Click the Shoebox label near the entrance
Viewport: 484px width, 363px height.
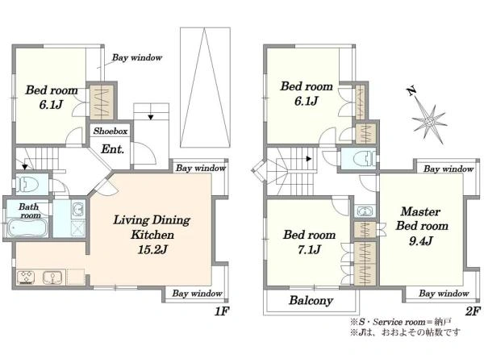pyautogui.click(x=111, y=131)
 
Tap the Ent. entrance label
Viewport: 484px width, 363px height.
pyautogui.click(x=112, y=149)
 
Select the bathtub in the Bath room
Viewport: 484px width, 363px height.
pyautogui.click(x=27, y=228)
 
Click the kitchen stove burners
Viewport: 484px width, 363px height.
pyautogui.click(x=26, y=277)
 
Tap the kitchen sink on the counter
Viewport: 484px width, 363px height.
pyautogui.click(x=53, y=277)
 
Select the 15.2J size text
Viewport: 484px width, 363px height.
pyautogui.click(x=152, y=249)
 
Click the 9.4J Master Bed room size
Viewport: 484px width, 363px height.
pyautogui.click(x=421, y=240)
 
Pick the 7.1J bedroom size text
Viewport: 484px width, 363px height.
pyautogui.click(x=309, y=249)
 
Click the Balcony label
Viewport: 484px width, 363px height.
pyautogui.click(x=311, y=300)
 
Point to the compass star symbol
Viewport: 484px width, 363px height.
pyautogui.click(x=430, y=122)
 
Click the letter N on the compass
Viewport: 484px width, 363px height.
pyautogui.click(x=411, y=92)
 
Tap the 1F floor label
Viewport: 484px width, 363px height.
pyautogui.click(x=221, y=311)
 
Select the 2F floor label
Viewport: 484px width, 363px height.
pyautogui.click(x=473, y=311)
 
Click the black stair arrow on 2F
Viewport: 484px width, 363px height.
pyautogui.click(x=308, y=159)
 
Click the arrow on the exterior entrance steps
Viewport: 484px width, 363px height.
pyautogui.click(x=151, y=117)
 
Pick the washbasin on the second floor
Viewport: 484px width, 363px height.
pyautogui.click(x=365, y=211)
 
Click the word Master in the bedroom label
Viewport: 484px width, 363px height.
pyautogui.click(x=420, y=211)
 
